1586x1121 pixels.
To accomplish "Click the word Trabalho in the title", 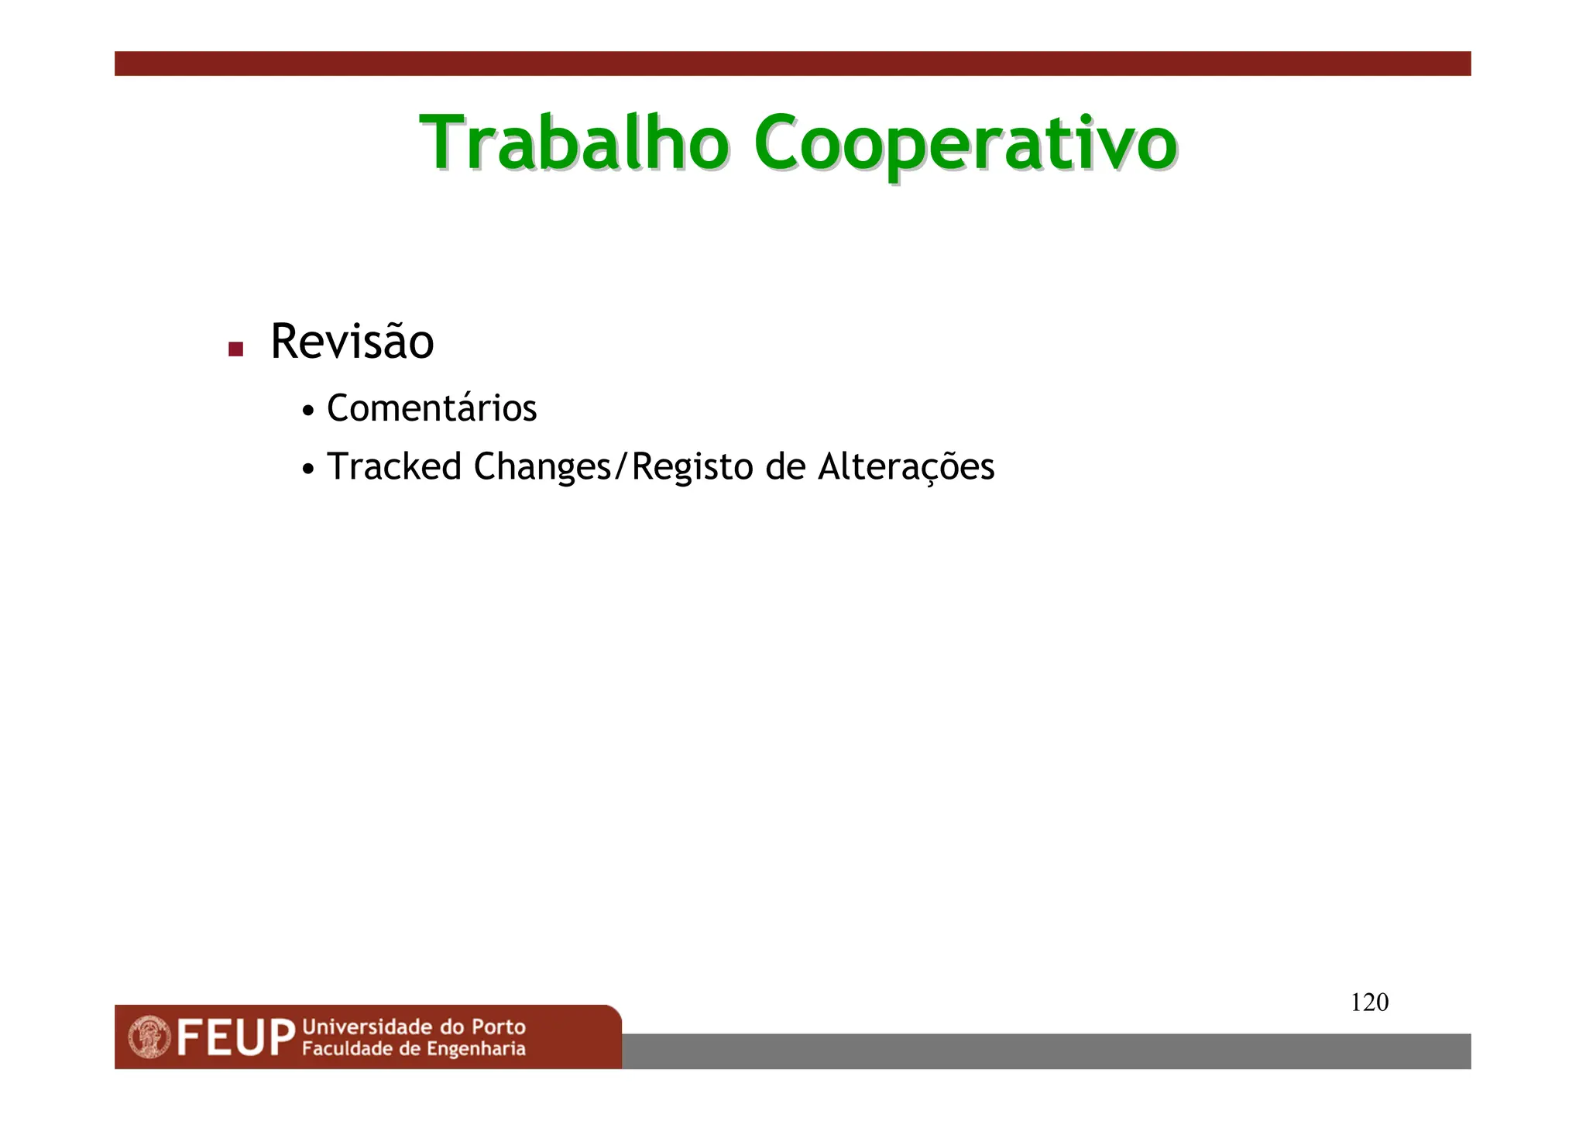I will coord(574,143).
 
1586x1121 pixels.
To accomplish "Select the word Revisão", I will coord(352,342).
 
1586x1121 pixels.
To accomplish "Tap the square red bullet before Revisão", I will coord(236,349).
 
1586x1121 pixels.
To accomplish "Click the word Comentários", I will coord(431,408).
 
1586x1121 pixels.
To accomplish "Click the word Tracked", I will coord(393,466).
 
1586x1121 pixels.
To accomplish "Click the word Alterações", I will coord(906,467).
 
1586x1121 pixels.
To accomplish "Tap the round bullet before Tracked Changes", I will coord(308,469).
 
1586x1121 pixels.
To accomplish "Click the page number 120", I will coord(1369,1002).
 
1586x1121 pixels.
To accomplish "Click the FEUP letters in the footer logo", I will coord(235,1038).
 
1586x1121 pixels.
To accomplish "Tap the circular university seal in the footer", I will coord(149,1037).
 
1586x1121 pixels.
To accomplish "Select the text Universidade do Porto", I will coord(414,1027).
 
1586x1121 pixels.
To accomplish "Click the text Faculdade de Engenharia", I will coord(414,1049).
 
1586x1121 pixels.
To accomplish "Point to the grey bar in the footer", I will coord(1045,1051).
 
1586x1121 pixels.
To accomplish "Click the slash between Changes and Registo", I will coord(620,467).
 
